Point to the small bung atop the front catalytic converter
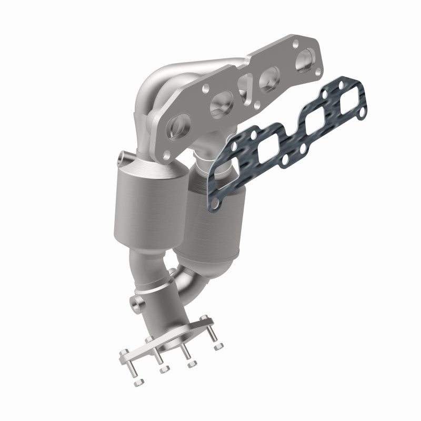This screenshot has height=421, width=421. click(122, 156)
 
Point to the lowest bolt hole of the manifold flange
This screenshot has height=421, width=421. click(167, 154)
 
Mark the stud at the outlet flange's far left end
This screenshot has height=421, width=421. click(126, 363)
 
